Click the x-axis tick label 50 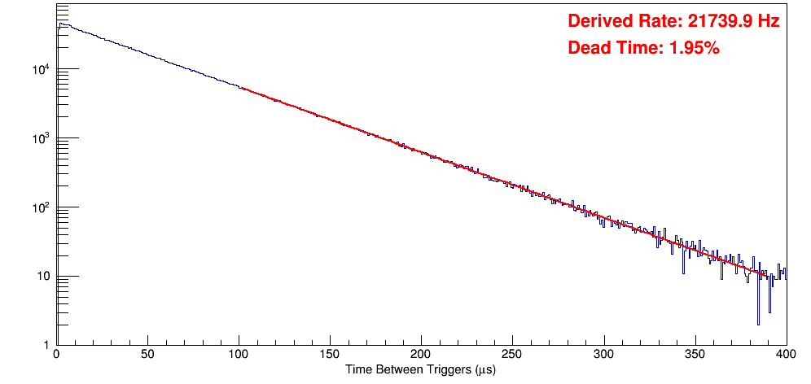click(x=147, y=356)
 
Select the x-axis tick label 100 click(x=239, y=356)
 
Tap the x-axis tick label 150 click(x=330, y=356)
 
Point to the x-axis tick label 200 click(x=421, y=356)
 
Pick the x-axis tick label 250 click(x=512, y=356)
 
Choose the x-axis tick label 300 click(x=603, y=356)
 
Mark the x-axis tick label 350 click(x=695, y=356)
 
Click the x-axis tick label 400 click(x=786, y=356)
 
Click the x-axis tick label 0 click(x=55, y=356)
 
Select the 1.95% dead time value click(x=694, y=49)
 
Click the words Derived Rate click(x=620, y=22)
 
